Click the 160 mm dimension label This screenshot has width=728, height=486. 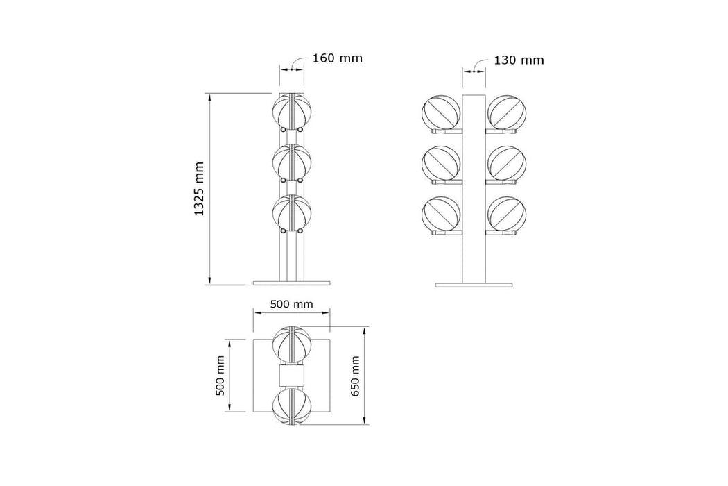click(x=337, y=58)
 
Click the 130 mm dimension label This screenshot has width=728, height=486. click(x=519, y=60)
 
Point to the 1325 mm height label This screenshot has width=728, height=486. click(x=199, y=189)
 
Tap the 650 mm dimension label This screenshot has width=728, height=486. click(x=356, y=376)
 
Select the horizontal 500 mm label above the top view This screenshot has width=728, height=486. click(x=292, y=304)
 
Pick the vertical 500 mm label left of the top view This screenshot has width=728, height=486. click(x=220, y=376)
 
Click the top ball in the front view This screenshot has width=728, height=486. click(x=292, y=112)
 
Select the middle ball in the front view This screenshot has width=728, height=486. click(x=292, y=162)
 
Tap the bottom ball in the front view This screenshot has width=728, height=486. click(x=292, y=213)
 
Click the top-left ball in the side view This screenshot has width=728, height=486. click(x=440, y=113)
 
